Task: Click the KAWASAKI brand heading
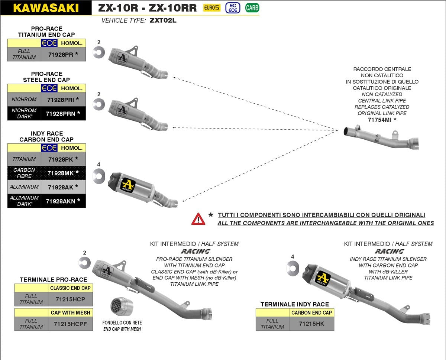pyautogui.click(x=46, y=8)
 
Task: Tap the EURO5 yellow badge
pyautogui.click(x=211, y=7)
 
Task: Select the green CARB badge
pyautogui.click(x=252, y=7)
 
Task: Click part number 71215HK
pyautogui.click(x=311, y=324)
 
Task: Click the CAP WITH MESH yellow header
pyautogui.click(x=70, y=312)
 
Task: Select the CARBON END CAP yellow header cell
pyautogui.click(x=311, y=312)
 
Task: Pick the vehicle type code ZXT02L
pyautogui.click(x=163, y=20)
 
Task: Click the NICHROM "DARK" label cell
pyautogui.click(x=24, y=113)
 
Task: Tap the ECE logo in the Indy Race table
pyautogui.click(x=49, y=148)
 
